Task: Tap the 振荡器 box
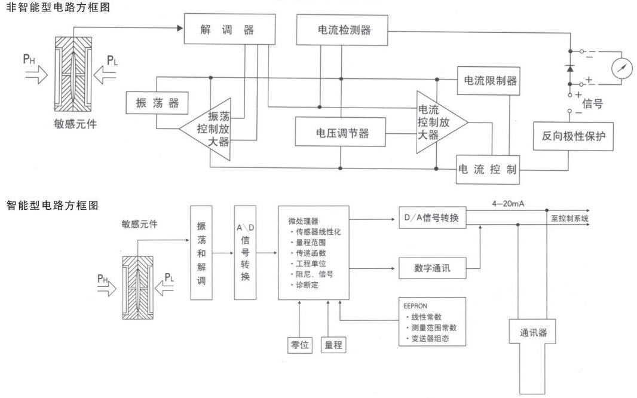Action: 157,103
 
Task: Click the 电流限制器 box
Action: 486,81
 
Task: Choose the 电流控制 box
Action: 486,169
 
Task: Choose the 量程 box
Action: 333,345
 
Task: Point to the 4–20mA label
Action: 507,204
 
